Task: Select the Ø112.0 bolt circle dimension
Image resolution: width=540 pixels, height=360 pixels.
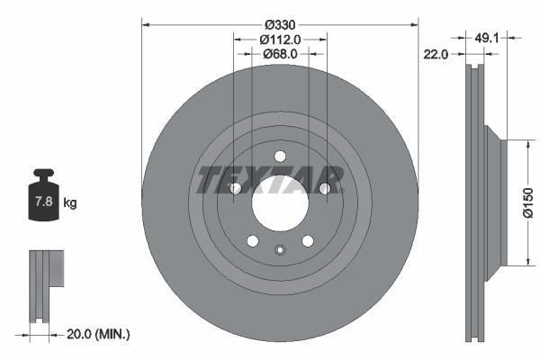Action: [280, 39]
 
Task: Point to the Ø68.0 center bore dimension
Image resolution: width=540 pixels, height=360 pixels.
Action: [280, 54]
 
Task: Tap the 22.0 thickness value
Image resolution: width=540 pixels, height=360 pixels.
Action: [436, 54]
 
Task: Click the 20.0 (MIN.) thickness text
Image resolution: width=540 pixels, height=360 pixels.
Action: [100, 334]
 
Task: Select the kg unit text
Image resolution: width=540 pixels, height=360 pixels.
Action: [70, 202]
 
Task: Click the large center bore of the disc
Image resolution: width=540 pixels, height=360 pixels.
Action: [280, 201]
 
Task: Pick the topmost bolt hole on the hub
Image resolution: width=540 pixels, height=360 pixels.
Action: [280, 154]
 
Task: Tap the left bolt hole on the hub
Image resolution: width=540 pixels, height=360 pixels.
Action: [236, 188]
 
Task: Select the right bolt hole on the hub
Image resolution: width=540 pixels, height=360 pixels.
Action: [324, 187]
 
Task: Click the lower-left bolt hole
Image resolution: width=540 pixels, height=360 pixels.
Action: [253, 240]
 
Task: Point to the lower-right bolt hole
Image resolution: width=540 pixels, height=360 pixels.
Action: [308, 240]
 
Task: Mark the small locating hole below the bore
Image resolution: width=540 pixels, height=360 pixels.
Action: [280, 250]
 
